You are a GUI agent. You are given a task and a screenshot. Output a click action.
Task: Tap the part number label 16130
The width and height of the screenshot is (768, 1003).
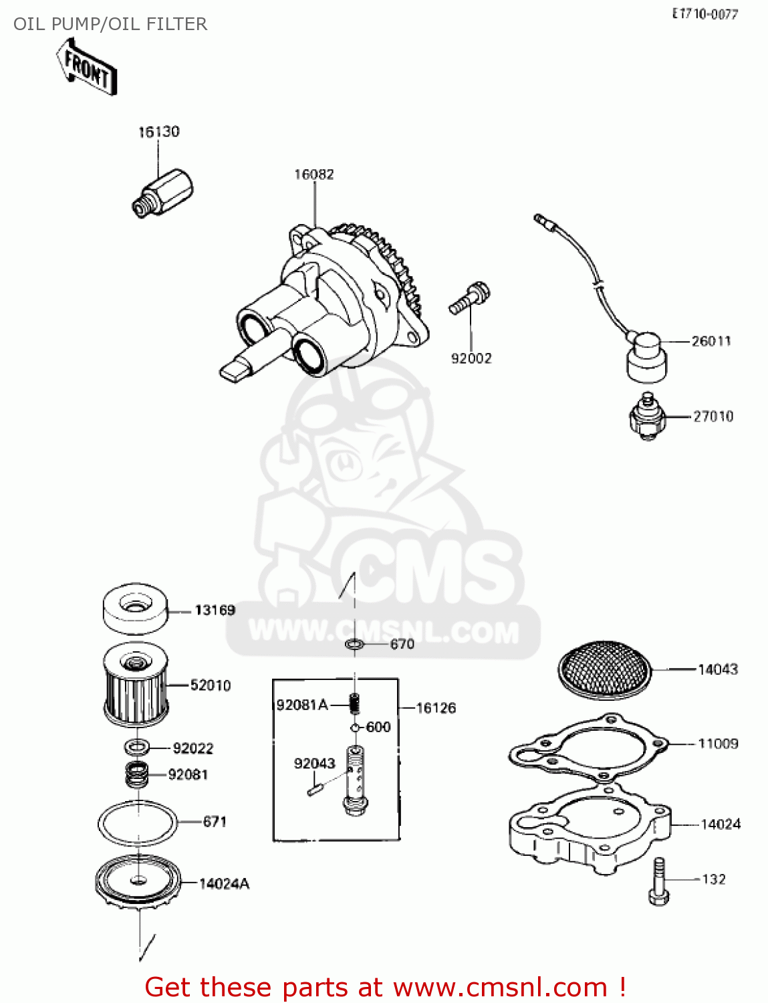pos(158,132)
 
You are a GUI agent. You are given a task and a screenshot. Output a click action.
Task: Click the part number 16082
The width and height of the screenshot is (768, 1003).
pos(313,175)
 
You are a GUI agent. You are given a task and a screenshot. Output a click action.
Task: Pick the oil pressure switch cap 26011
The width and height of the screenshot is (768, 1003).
pos(646,356)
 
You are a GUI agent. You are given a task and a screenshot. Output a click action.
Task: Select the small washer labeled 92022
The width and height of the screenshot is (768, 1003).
pos(137,747)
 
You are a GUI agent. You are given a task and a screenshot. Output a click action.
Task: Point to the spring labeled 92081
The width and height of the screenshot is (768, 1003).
pos(137,774)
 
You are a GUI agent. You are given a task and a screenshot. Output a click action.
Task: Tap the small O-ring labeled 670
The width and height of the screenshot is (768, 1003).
pos(354,645)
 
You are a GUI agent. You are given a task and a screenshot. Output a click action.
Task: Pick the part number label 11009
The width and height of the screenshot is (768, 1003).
pos(718,744)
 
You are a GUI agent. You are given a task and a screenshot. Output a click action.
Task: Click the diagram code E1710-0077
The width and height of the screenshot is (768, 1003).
pos(705,13)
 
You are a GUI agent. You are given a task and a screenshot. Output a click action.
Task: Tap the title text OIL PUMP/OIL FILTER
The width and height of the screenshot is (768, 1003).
pos(110,24)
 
